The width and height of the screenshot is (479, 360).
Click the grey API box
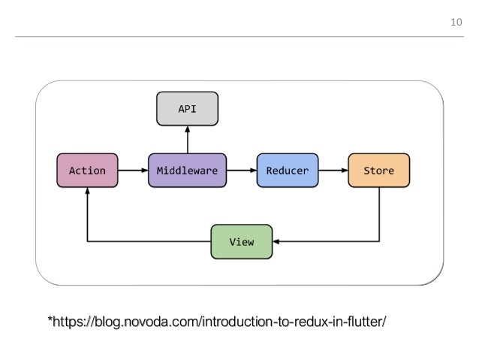coord(187,108)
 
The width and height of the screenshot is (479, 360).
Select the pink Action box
coord(88,171)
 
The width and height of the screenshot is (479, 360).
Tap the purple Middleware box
coord(187,171)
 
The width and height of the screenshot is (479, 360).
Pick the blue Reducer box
coord(288,171)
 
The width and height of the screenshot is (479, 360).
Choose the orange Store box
coord(379,171)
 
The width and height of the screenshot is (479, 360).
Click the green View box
coord(241,241)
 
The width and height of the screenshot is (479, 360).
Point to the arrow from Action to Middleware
coord(133,171)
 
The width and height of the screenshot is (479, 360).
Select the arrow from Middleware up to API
coord(187,139)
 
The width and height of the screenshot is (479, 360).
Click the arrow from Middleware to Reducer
coord(241,171)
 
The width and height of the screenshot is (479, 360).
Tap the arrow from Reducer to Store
coord(333,171)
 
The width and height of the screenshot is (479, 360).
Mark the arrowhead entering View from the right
coord(276,242)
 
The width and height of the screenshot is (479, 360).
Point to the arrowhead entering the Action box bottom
coord(88,193)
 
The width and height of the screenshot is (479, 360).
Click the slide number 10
coord(455,23)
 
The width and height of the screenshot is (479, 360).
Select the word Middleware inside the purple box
coord(187,171)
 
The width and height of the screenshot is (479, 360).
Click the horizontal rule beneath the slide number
coord(239,37)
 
